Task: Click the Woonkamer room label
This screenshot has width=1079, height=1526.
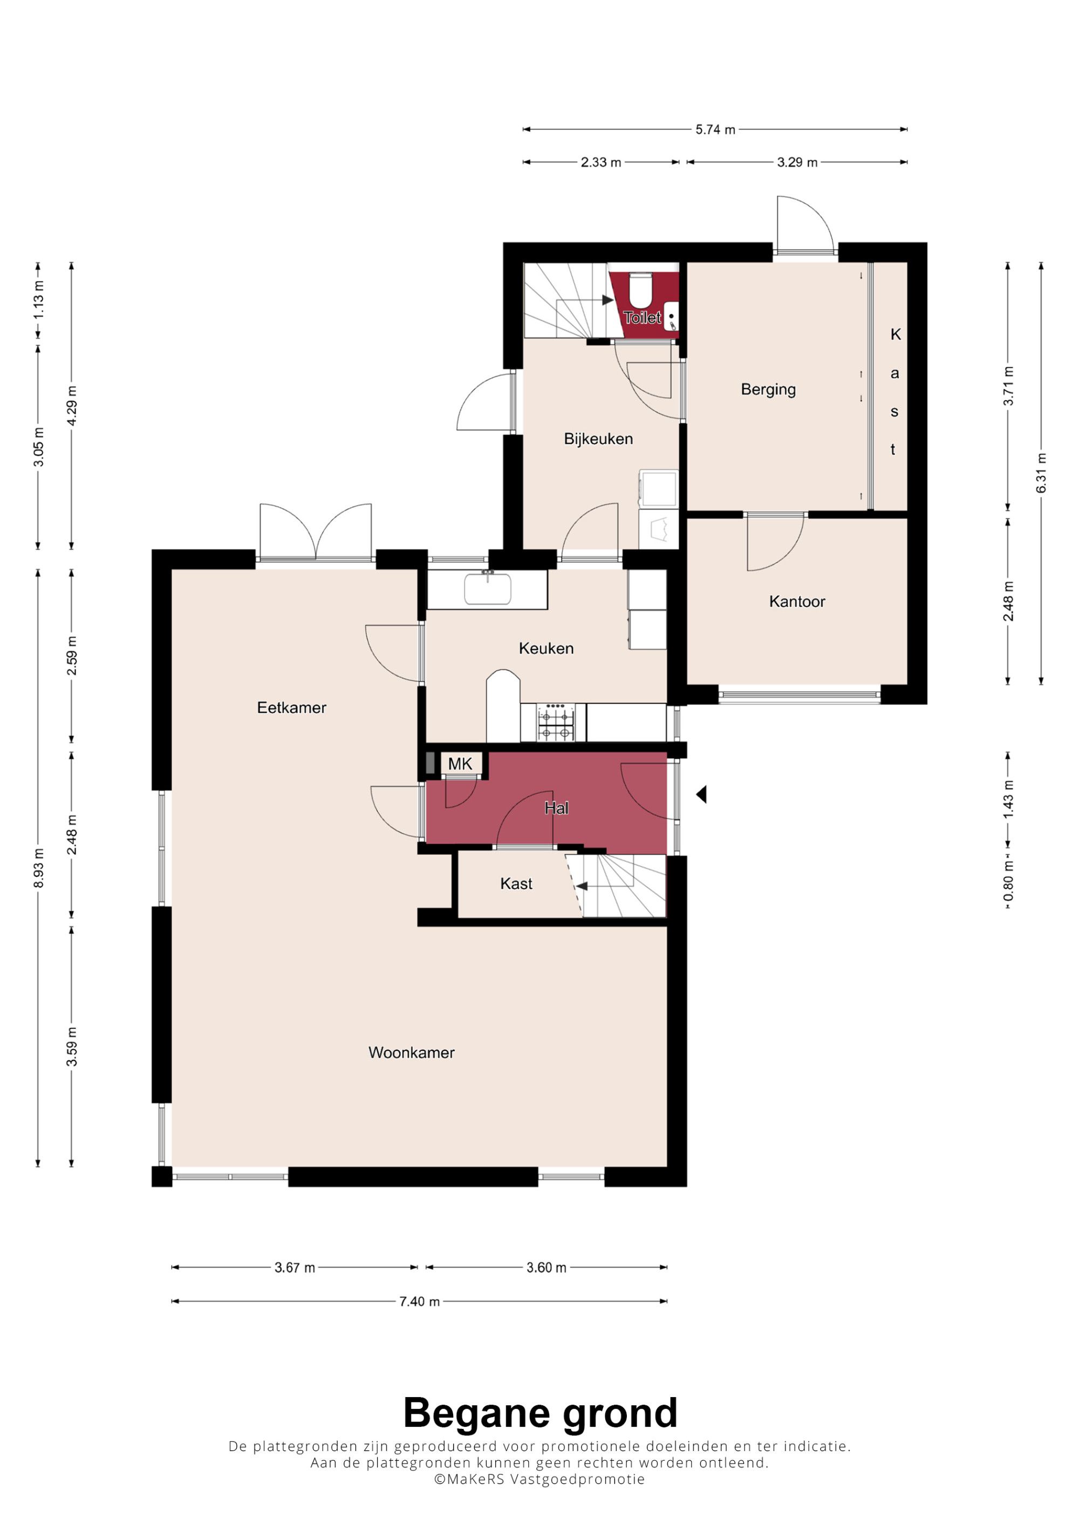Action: (x=412, y=1052)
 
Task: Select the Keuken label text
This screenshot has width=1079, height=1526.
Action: (x=546, y=648)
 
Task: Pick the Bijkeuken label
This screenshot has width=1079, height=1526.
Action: (x=598, y=439)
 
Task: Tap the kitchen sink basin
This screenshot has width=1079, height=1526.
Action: (x=487, y=589)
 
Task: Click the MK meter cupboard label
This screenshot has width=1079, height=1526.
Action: (x=460, y=764)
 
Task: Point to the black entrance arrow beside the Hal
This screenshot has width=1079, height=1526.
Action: (x=701, y=794)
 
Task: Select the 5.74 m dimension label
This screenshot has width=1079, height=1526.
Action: (x=715, y=129)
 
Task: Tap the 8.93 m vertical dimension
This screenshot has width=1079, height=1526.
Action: (x=38, y=868)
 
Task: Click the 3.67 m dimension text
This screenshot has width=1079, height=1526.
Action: (x=295, y=1268)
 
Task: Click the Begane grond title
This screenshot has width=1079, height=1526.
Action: (x=540, y=1414)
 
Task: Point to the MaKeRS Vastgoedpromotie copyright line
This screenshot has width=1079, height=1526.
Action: (x=539, y=1480)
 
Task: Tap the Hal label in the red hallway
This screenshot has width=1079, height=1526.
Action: (x=556, y=808)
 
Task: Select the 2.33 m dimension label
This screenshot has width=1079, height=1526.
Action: (x=601, y=162)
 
